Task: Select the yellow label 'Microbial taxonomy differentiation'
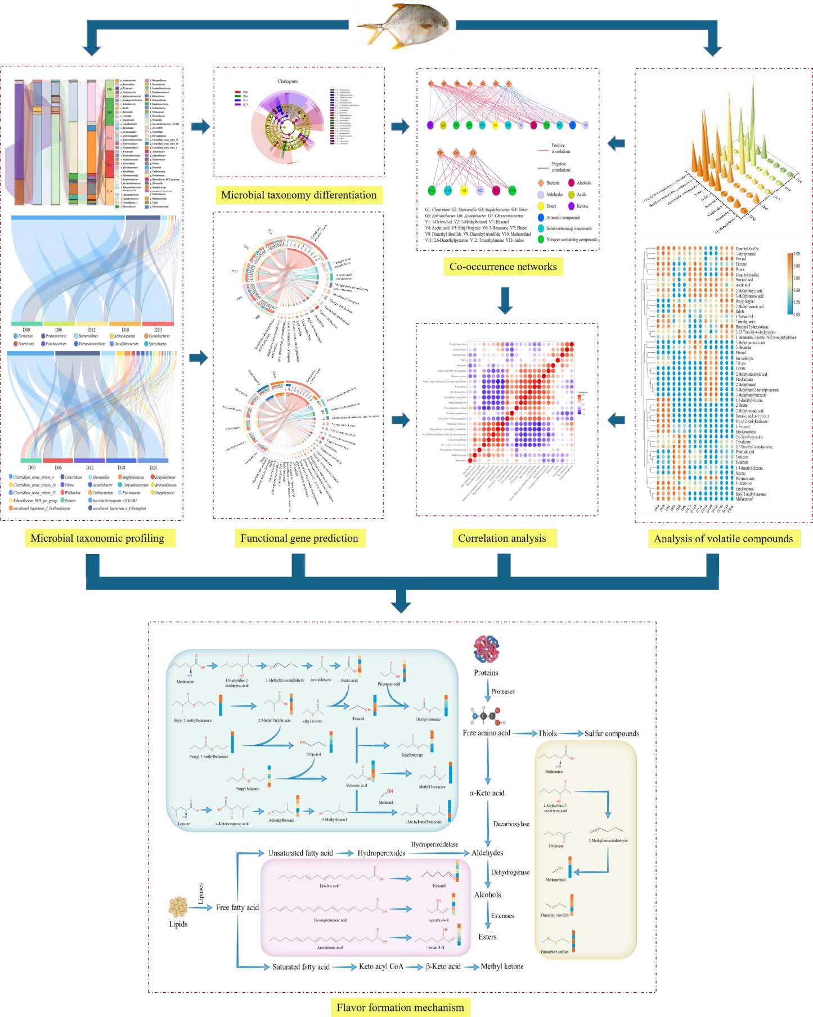pyautogui.click(x=298, y=195)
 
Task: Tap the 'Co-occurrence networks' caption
pyautogui.click(x=502, y=267)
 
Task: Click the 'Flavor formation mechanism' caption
pyautogui.click(x=400, y=1007)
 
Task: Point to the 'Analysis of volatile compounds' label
pyautogui.click(x=723, y=538)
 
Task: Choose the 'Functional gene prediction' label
pyautogui.click(x=299, y=538)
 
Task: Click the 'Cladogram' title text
pyautogui.click(x=288, y=82)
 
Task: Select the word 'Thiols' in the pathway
pyautogui.click(x=547, y=733)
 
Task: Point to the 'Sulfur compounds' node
pyautogui.click(x=611, y=733)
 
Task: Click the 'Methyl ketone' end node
pyautogui.click(x=502, y=966)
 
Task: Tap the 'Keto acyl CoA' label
pyautogui.click(x=381, y=966)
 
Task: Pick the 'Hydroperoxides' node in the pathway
pyautogui.click(x=381, y=853)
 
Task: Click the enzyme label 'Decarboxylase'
pyautogui.click(x=511, y=824)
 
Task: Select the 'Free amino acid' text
pyautogui.click(x=486, y=733)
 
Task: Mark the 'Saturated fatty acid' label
pyautogui.click(x=300, y=966)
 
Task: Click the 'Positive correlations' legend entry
pyautogui.click(x=560, y=148)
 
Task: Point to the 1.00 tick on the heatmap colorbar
pyautogui.click(x=796, y=254)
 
